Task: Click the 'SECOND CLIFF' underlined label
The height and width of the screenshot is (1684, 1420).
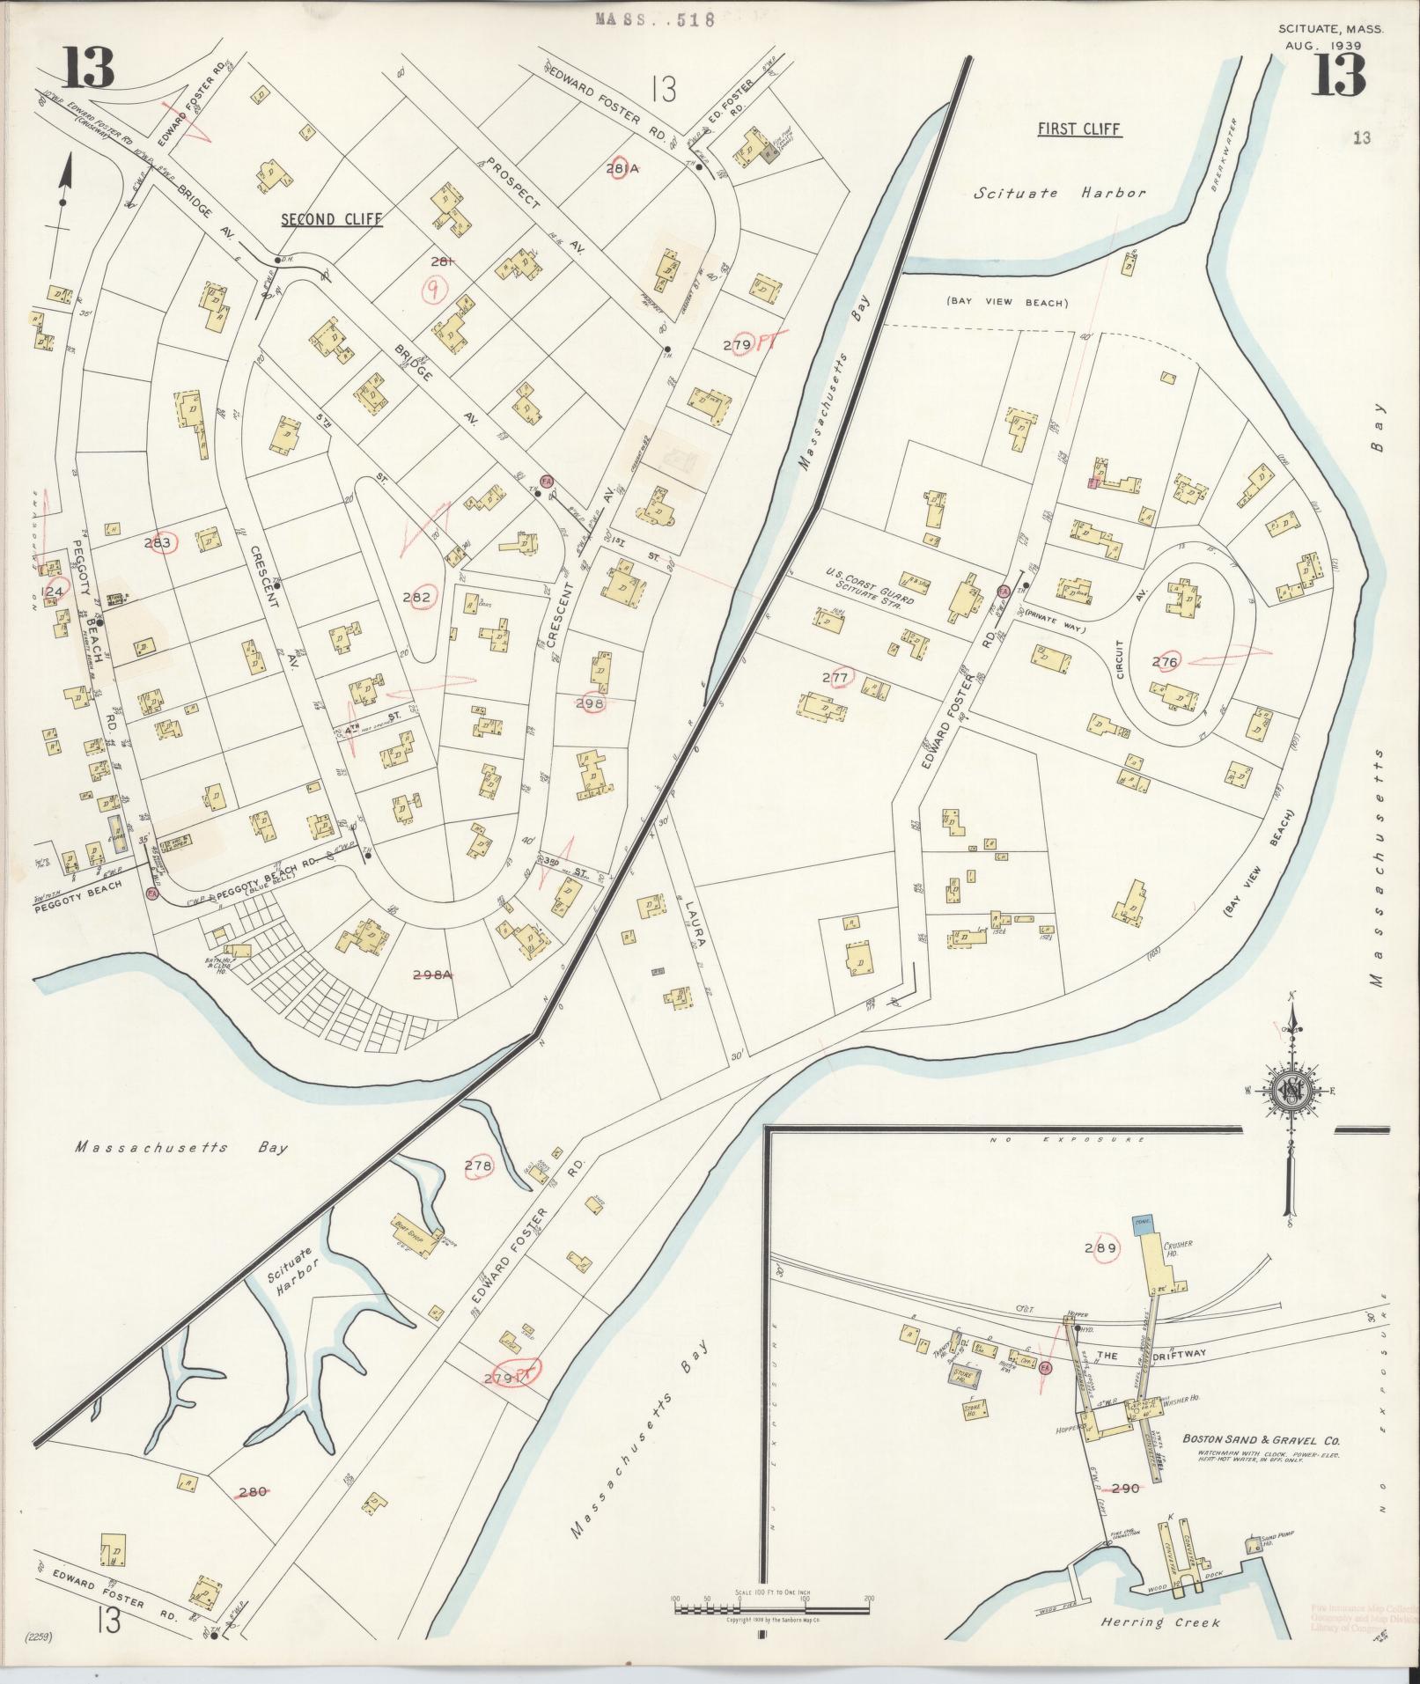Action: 332,219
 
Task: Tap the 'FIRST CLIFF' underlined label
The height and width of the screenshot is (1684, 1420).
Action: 1078,129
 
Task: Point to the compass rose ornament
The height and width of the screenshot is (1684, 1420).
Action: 1291,1091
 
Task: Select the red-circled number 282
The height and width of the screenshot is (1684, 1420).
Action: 416,598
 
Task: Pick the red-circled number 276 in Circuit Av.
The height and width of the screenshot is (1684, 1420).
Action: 1164,660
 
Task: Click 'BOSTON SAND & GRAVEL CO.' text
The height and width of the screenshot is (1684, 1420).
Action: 1261,1440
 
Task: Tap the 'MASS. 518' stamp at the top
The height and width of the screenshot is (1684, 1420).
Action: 654,18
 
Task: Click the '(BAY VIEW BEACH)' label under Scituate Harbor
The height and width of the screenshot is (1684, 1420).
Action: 1007,303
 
